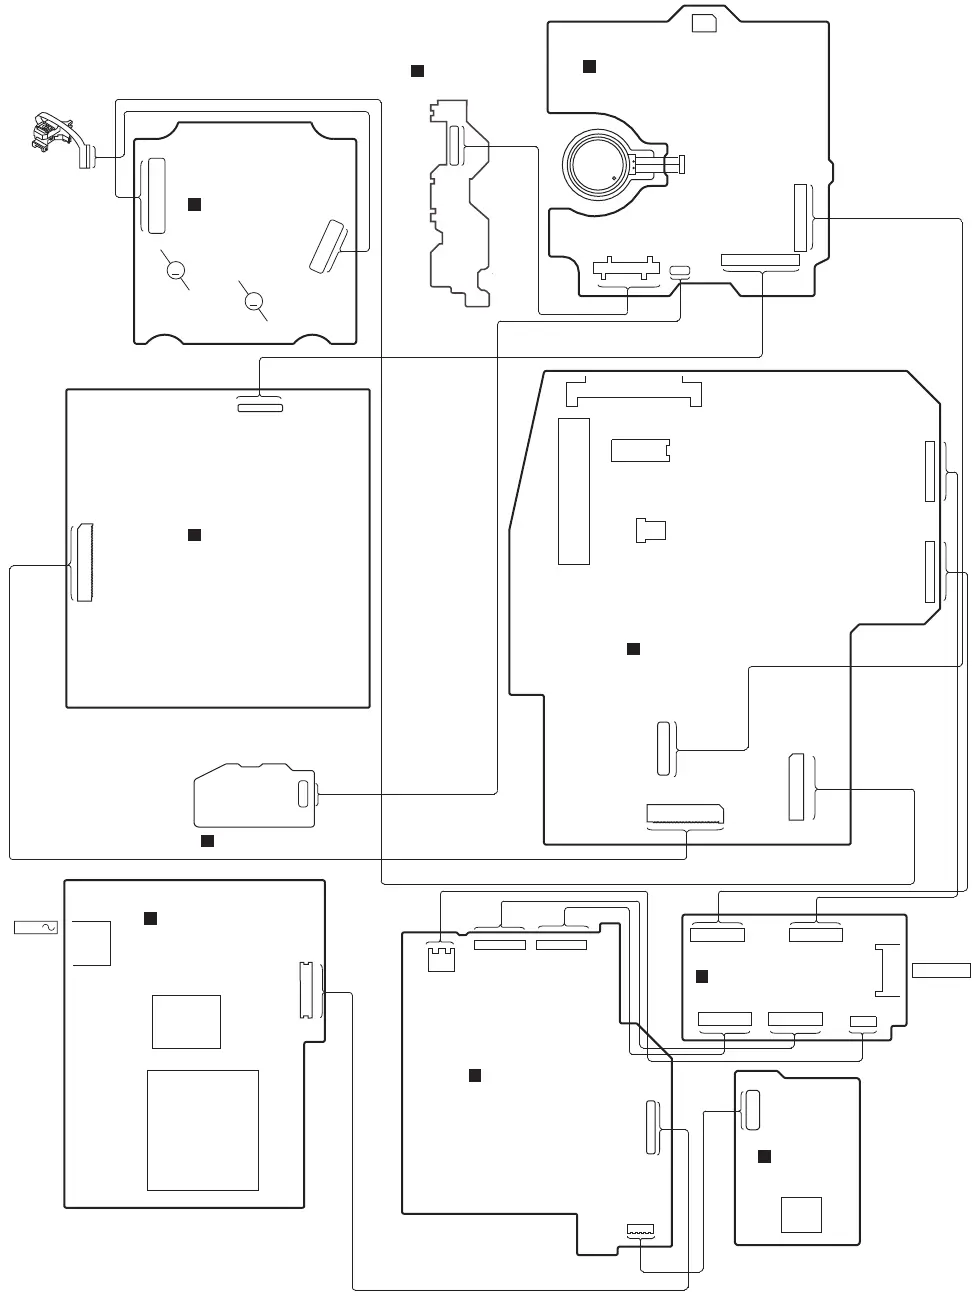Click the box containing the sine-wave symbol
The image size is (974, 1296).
click(36, 928)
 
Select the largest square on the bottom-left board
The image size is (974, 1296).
click(203, 1130)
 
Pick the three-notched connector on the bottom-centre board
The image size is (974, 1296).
click(440, 957)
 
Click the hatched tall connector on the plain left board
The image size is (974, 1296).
click(83, 562)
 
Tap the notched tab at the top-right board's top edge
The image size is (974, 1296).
click(704, 23)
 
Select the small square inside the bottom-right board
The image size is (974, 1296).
click(802, 1215)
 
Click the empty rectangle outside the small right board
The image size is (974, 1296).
click(941, 969)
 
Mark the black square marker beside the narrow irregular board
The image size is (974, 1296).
click(418, 71)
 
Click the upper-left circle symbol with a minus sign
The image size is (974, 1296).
click(175, 269)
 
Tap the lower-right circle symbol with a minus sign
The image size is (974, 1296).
click(253, 300)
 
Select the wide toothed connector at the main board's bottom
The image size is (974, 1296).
click(685, 813)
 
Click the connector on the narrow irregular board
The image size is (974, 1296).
click(455, 146)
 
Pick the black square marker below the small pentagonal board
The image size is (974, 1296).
click(207, 840)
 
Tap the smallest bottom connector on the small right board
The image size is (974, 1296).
click(862, 1022)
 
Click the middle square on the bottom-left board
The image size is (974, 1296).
click(186, 1021)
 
